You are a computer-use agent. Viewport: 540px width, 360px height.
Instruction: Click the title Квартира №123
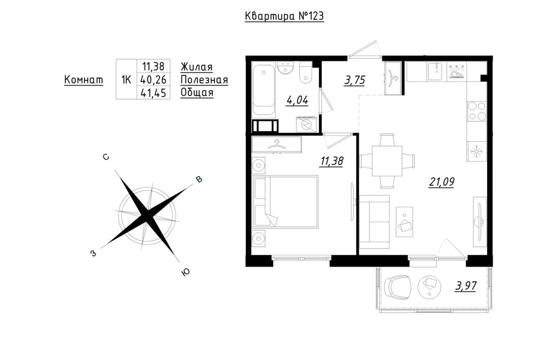284,16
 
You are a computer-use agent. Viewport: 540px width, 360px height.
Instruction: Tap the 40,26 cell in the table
154,79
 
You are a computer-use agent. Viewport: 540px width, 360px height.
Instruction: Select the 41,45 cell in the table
154,93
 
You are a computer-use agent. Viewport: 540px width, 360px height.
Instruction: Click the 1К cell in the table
127,79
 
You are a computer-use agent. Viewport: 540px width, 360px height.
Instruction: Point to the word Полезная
204,80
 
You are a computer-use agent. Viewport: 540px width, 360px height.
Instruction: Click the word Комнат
84,80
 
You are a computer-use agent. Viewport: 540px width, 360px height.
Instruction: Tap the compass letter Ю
185,272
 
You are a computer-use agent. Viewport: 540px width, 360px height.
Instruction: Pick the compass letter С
106,157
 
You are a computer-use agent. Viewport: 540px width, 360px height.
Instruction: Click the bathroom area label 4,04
297,100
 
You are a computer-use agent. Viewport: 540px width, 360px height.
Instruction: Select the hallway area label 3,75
354,80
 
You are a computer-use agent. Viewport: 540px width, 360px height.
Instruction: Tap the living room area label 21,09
442,182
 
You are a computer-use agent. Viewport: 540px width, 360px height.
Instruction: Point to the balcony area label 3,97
466,286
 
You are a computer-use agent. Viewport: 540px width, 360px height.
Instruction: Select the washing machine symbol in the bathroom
305,124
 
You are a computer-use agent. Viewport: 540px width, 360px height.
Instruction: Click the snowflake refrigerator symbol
476,151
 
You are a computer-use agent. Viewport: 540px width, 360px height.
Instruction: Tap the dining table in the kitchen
387,161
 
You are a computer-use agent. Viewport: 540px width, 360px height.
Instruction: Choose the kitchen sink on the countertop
436,71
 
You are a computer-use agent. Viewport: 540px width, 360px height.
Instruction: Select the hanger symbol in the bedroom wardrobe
277,145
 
